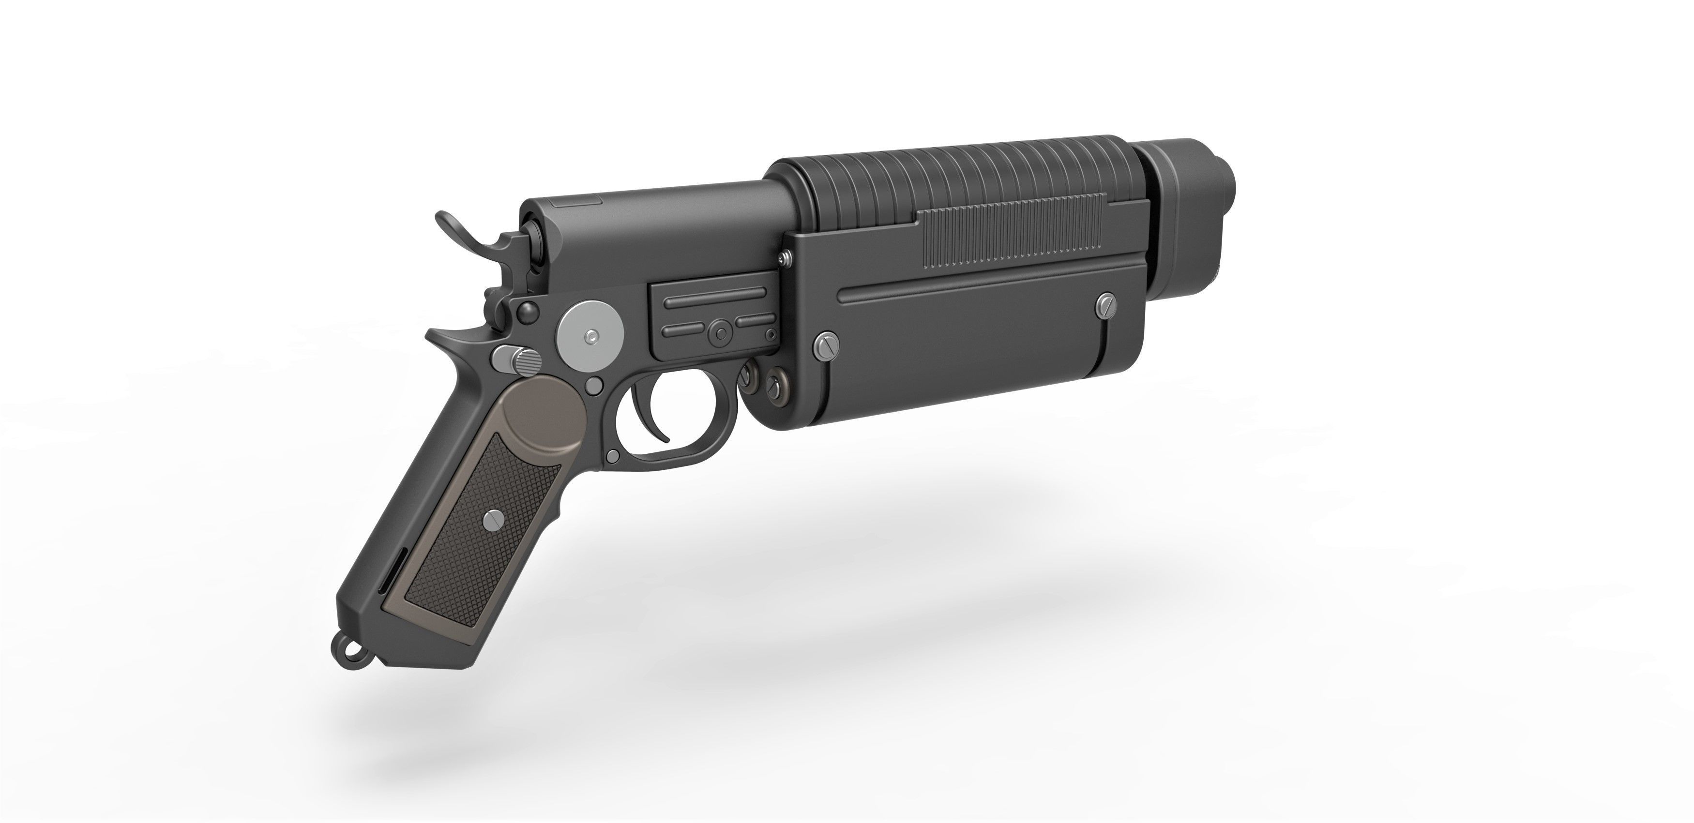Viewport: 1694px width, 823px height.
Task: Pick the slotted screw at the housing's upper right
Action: tap(1107, 304)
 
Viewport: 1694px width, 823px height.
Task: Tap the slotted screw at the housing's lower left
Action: tap(825, 346)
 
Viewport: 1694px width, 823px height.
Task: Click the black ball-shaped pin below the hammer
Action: tap(526, 310)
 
